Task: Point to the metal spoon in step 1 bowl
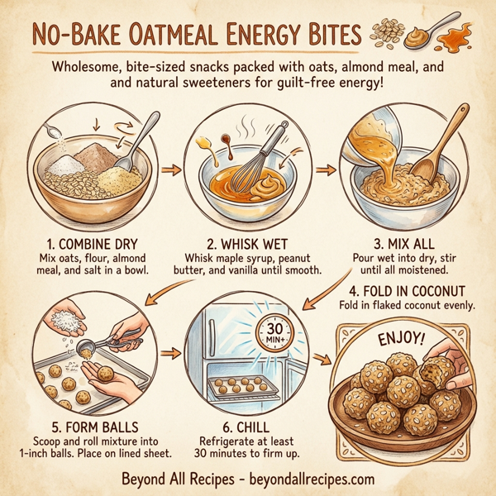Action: click(x=138, y=141)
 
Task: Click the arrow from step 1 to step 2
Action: click(x=170, y=171)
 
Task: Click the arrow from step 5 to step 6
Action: click(x=170, y=355)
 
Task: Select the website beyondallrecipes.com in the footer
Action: click(x=309, y=478)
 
